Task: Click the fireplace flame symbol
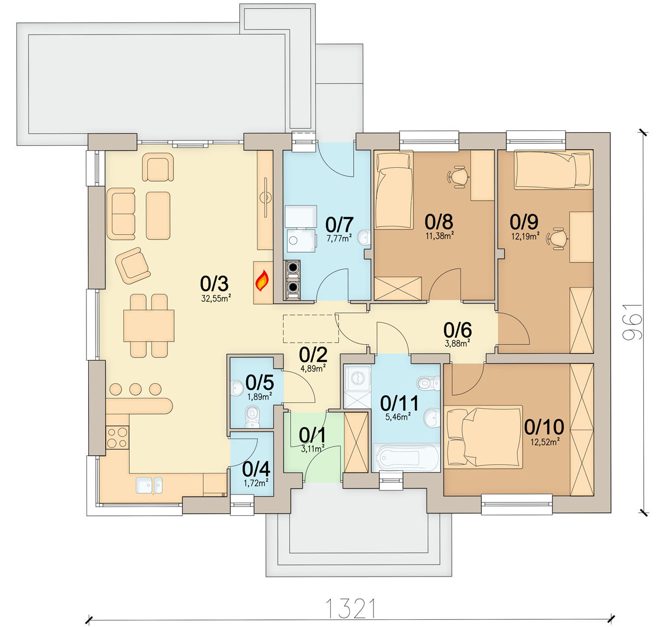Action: click(262, 281)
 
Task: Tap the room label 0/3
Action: click(214, 284)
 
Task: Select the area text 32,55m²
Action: click(216, 299)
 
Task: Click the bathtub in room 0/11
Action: click(405, 457)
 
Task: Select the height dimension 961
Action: click(632, 322)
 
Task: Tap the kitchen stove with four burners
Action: click(117, 437)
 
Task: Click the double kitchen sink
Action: click(149, 485)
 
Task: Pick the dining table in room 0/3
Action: click(149, 326)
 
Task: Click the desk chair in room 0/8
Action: click(458, 176)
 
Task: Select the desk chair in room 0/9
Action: click(557, 238)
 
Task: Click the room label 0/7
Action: click(339, 225)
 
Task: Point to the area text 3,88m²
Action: click(458, 343)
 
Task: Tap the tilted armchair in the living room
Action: click(132, 265)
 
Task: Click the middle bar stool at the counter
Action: click(135, 389)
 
